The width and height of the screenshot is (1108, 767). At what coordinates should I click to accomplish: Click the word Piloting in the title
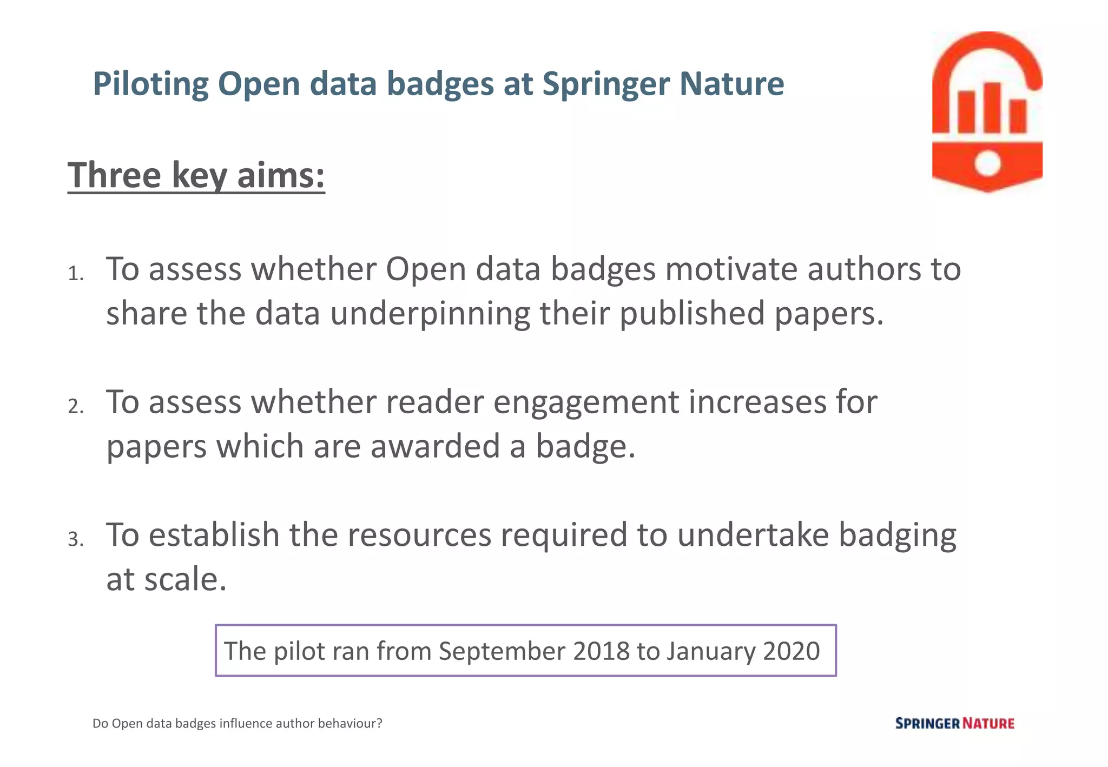150,84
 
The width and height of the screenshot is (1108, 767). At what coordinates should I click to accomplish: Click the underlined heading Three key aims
196,175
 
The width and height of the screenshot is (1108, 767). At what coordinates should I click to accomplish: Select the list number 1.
75,274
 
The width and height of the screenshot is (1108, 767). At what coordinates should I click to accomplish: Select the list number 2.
75,406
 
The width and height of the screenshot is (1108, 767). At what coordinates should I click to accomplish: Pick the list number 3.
75,539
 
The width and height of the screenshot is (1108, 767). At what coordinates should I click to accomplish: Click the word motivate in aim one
731,269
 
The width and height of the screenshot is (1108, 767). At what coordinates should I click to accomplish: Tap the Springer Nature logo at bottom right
954,723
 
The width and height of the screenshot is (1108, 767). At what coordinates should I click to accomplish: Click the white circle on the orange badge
987,163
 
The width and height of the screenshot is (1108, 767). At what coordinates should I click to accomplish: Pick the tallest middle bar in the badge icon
992,107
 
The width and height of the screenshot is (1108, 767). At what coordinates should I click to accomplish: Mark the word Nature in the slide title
731,84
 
